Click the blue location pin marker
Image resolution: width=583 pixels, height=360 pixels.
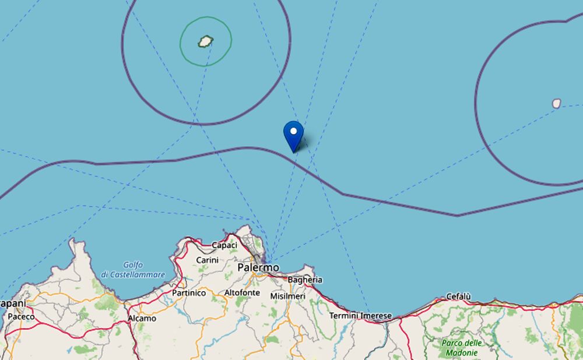coord(293,136)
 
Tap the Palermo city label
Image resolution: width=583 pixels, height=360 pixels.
coord(258,267)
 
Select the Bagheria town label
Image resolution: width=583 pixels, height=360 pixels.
coord(305,280)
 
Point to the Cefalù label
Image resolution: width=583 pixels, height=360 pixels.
coord(458,297)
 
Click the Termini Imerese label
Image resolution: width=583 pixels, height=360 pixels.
coord(360,316)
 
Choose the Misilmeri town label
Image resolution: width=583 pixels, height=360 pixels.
coord(287,296)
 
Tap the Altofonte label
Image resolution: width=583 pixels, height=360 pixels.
coord(242,292)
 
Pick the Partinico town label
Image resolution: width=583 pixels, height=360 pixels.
coord(188,293)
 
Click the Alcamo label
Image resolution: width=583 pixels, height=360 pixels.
coord(142,318)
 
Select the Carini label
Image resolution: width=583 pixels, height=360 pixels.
coord(207,260)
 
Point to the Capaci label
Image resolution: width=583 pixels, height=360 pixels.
coord(224,245)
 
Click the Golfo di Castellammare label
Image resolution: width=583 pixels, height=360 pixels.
coord(133,270)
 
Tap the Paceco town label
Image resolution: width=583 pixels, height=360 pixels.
coord(21,316)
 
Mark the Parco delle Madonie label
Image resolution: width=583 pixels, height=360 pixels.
coord(461,348)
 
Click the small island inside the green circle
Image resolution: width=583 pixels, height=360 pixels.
coord(205,41)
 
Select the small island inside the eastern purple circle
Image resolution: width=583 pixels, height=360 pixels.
coord(556,103)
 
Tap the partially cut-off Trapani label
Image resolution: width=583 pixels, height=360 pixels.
coord(13,303)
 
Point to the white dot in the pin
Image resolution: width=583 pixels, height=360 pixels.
coord(293,131)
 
